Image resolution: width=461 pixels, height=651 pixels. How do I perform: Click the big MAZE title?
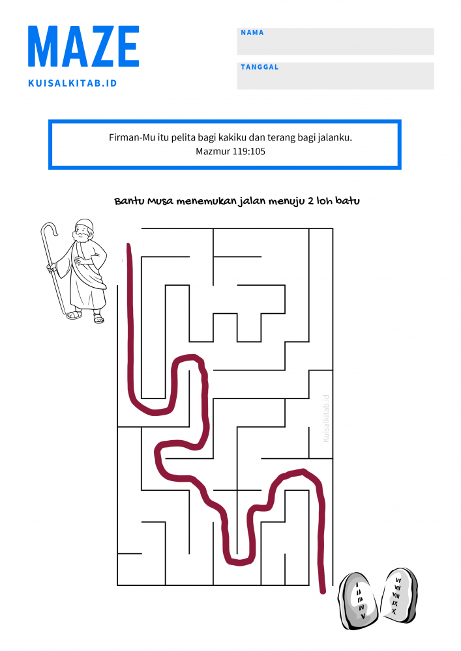(x=83, y=47)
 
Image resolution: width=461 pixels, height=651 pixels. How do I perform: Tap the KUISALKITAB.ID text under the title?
(x=72, y=83)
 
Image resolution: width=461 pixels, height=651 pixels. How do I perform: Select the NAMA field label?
(x=252, y=33)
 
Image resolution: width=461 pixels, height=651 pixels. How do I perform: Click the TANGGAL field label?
(x=259, y=67)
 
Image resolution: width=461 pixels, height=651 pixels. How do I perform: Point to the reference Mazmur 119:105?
(x=230, y=151)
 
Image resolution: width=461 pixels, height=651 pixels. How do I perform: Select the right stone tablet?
(x=397, y=595)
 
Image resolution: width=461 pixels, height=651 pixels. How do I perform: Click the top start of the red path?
(x=129, y=247)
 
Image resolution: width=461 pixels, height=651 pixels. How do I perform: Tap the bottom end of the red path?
(x=322, y=590)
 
